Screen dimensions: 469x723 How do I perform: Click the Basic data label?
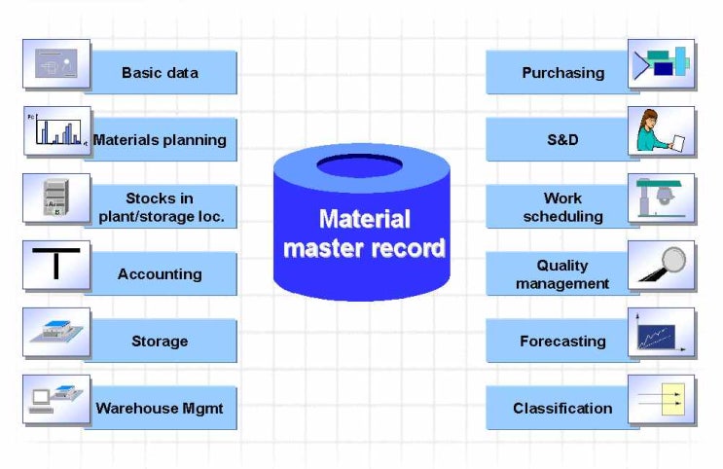point(160,72)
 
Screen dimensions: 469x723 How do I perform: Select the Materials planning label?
point(160,139)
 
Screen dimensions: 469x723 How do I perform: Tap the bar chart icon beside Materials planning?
point(56,131)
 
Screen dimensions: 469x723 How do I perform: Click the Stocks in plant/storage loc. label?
point(161,207)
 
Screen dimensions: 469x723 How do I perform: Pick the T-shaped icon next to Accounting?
point(56,265)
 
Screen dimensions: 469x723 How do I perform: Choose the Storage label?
point(160,341)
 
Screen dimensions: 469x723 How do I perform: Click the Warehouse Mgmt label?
point(160,408)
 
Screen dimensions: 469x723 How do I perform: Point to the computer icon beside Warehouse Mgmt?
point(56,399)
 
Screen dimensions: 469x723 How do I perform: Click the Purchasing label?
point(562,72)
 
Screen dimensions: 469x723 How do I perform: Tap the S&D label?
point(562,139)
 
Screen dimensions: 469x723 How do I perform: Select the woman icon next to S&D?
point(661,131)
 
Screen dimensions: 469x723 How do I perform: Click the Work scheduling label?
point(562,207)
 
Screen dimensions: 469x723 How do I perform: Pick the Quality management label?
point(562,273)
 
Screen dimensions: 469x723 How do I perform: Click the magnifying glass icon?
point(662,265)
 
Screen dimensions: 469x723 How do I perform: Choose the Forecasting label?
point(562,341)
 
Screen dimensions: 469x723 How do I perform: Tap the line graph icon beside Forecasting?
point(661,332)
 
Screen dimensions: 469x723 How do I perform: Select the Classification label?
point(562,408)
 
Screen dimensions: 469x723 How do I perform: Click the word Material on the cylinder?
point(364,219)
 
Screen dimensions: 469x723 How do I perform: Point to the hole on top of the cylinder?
point(359,165)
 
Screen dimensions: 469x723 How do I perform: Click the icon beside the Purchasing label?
point(661,64)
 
